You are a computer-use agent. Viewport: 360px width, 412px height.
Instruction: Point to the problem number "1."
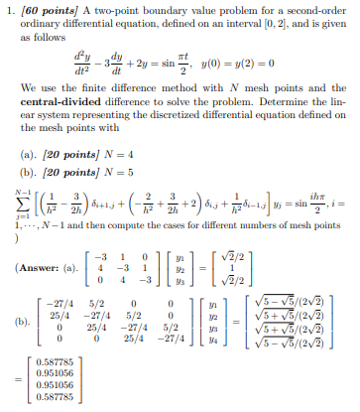click(11, 9)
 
